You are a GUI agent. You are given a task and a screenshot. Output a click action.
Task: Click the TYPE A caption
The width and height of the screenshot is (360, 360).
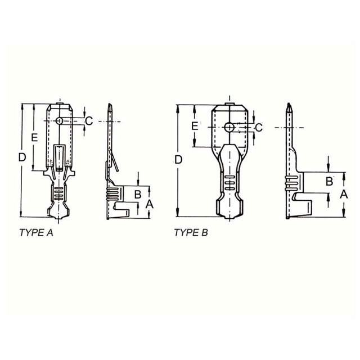[x=36, y=233]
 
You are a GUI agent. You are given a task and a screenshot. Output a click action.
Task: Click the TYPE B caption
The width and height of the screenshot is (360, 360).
[x=191, y=233]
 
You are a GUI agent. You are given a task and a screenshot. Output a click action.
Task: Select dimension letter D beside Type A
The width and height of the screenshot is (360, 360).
[x=22, y=157]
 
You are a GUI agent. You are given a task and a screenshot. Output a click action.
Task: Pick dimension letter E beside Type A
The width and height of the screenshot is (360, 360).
[x=34, y=138]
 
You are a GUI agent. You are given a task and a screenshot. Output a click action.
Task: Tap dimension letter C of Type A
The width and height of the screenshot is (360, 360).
[x=89, y=121]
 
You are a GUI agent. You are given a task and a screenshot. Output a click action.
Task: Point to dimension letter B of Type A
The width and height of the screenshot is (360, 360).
[x=137, y=194]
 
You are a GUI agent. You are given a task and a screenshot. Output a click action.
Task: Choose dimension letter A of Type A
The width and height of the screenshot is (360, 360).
[x=149, y=204]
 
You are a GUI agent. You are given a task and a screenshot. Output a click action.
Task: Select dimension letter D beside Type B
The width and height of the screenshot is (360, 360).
[x=178, y=160]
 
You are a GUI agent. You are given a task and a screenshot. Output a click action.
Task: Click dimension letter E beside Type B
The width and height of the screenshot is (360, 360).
[x=195, y=126]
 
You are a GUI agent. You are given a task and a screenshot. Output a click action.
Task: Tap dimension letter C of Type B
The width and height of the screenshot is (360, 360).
[x=259, y=128]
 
